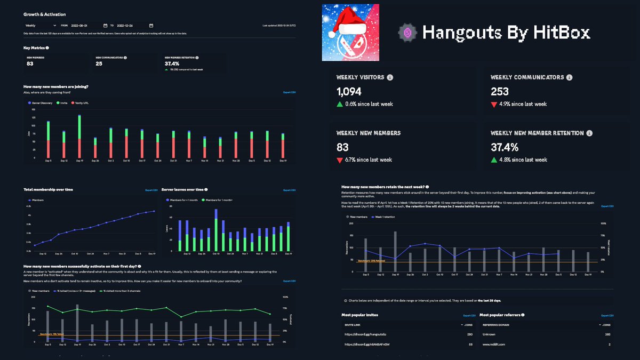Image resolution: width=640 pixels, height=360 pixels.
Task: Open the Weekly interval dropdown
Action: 40,25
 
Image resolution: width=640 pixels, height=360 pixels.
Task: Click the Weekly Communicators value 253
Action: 500,92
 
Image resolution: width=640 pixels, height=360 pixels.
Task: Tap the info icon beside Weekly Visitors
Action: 390,77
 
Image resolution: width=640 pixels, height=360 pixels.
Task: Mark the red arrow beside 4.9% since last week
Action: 494,104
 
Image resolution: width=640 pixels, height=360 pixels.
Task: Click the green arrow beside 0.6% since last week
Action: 339,104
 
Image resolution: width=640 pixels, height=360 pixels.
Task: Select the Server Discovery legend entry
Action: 42,102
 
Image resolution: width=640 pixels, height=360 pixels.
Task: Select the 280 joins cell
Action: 470,334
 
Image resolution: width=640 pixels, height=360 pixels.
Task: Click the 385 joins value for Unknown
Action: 606,334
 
